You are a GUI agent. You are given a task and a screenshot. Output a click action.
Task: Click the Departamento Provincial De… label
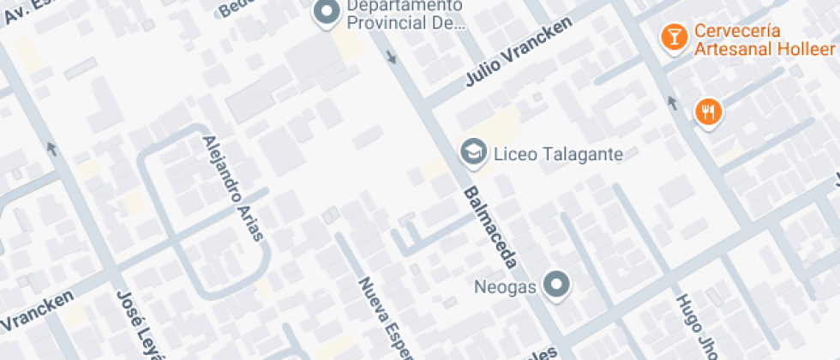click(405, 15)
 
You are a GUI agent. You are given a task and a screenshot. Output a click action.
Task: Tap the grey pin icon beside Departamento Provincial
click(326, 14)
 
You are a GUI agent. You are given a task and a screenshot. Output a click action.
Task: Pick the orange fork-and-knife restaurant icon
click(708, 111)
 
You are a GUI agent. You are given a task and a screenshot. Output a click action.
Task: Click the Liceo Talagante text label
click(558, 155)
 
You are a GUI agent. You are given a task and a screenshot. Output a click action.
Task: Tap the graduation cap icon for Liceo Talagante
click(471, 153)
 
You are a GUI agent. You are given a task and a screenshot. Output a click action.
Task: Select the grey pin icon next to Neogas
click(558, 285)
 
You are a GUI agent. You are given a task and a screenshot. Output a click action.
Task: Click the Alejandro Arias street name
click(232, 186)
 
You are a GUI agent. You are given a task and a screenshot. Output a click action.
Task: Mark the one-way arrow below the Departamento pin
click(392, 58)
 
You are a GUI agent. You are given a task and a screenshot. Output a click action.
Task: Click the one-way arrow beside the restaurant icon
click(671, 105)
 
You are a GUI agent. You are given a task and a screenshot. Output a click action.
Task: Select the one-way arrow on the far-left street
click(53, 148)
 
